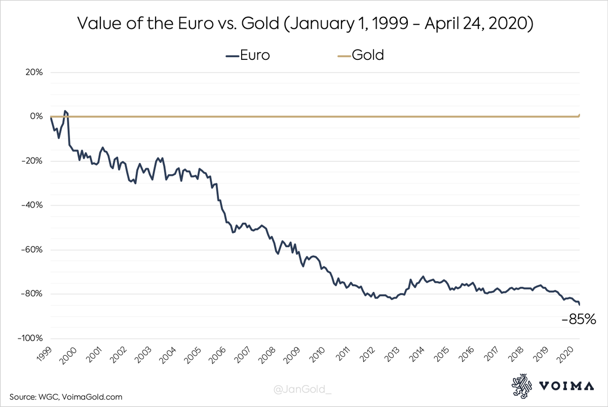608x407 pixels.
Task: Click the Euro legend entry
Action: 248,55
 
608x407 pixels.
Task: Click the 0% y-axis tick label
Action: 35,117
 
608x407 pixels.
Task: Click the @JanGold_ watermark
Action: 303,390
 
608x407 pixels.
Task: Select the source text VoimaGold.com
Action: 95,397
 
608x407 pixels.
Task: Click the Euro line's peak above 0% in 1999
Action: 65,111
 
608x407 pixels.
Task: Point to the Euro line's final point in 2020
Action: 580,304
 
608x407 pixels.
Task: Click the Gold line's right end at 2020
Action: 580,115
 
